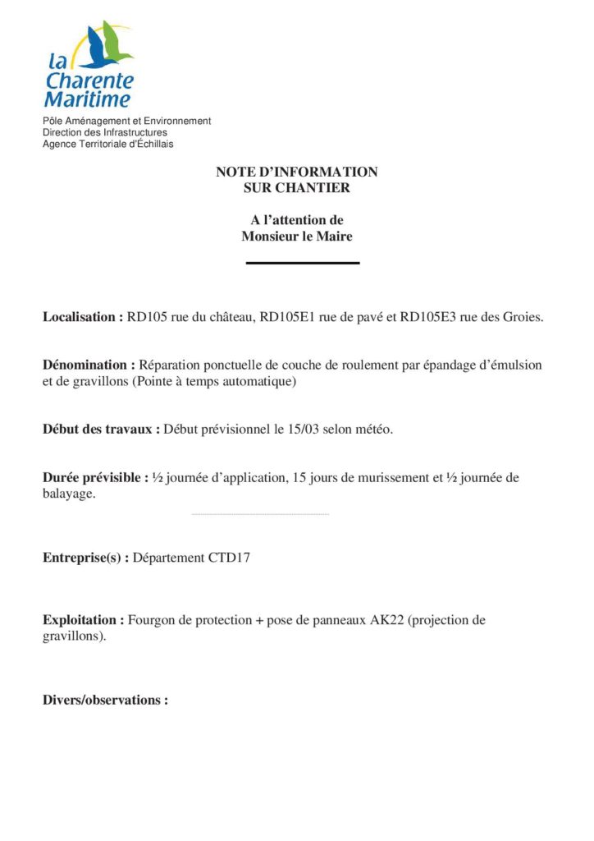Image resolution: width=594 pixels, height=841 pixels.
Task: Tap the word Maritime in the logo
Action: [87, 100]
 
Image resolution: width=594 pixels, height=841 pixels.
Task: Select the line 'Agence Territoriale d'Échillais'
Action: [108, 144]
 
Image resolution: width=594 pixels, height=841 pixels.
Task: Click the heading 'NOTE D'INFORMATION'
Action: [297, 172]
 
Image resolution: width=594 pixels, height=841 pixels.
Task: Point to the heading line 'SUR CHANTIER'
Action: [297, 188]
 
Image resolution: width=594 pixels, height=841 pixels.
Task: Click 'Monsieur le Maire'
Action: [297, 237]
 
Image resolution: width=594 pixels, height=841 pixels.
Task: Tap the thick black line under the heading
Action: [303, 263]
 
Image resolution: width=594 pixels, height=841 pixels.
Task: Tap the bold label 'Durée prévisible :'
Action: [95, 478]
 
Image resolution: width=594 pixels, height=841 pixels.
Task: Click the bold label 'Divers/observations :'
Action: [105, 701]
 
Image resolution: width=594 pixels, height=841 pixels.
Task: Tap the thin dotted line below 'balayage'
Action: [259, 514]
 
